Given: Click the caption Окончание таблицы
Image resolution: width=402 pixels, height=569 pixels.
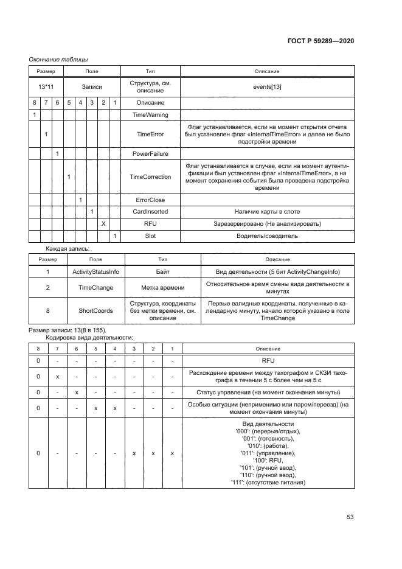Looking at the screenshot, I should pos(58,59).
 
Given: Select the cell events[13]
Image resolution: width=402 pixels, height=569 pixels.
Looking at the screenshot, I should pos(267,87).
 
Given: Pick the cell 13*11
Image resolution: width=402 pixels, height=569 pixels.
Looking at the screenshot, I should pos(46,87).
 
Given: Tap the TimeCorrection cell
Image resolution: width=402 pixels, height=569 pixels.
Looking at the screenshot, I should pos(151,177).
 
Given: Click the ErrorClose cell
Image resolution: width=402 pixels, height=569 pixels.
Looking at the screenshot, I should pos(151,200).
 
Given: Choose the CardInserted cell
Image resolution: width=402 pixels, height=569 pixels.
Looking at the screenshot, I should pos(151,212).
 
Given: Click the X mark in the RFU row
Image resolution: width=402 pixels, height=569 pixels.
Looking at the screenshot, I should pos(103,224).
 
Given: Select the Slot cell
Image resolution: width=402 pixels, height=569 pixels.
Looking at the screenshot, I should pos(151,236).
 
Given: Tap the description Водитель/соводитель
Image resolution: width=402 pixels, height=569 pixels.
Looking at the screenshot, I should pos(267,236).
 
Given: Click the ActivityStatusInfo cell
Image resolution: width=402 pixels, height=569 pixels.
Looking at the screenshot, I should pos(95,272).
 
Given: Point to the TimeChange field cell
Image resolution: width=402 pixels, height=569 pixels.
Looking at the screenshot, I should pos(95,288).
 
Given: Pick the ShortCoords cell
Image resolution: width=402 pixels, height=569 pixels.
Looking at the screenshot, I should pos(95,310).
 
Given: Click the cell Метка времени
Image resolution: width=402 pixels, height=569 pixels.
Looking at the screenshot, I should pos(162,288).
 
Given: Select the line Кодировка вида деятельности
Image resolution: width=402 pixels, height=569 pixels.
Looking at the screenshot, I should pos(89,337).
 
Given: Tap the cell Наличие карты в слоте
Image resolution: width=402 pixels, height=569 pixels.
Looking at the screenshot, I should pos(267,212).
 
